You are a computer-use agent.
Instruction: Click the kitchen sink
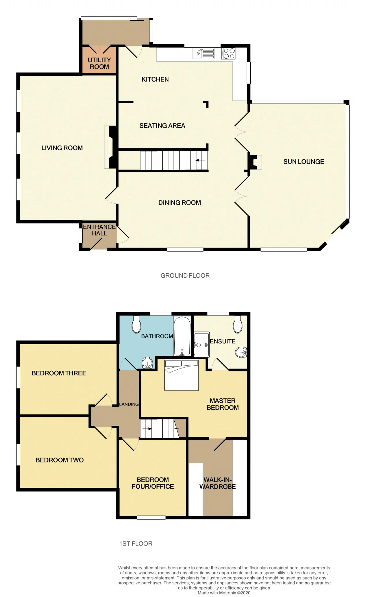(203, 54)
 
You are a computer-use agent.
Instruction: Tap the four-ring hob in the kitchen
(228, 54)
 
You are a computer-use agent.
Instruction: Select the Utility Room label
(99, 63)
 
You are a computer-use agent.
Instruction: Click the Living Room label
(62, 148)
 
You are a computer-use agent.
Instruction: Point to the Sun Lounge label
(304, 162)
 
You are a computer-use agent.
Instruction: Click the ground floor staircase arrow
(200, 160)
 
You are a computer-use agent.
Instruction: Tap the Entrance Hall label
(99, 230)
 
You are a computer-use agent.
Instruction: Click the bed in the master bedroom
(182, 375)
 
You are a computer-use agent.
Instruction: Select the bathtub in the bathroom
(182, 336)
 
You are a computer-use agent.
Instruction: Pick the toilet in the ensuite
(238, 325)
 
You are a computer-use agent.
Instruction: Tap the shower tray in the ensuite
(201, 344)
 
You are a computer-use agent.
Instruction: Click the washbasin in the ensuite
(241, 353)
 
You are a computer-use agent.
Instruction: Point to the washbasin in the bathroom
(148, 363)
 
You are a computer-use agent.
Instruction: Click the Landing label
(129, 404)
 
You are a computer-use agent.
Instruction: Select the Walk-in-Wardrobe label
(217, 483)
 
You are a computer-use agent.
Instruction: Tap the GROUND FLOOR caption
(185, 276)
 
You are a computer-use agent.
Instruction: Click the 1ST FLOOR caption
(136, 544)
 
